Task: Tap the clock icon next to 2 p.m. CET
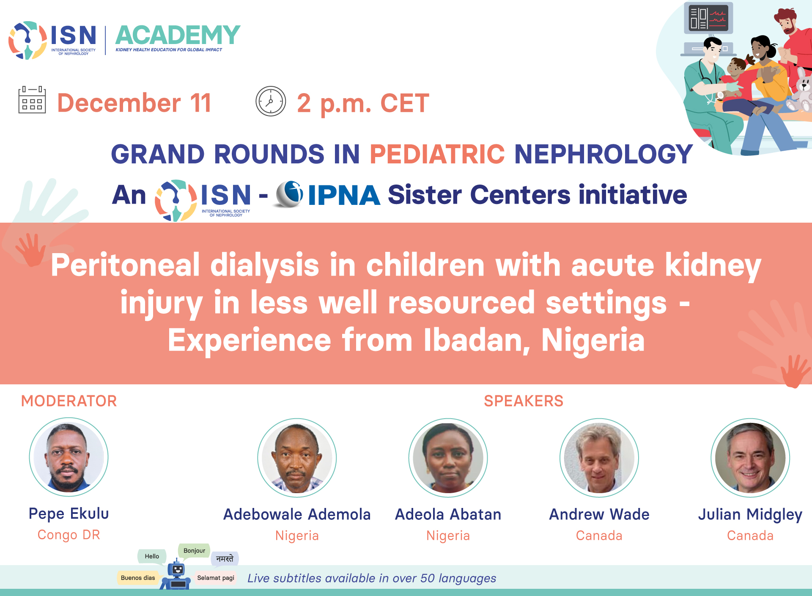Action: [271, 101]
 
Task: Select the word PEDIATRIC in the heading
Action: [437, 154]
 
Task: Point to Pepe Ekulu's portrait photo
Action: [69, 457]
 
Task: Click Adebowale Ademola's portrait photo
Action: [297, 458]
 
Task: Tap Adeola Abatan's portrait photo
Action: [448, 458]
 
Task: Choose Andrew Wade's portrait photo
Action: [599, 458]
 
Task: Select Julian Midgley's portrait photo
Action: [750, 458]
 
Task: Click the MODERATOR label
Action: [69, 401]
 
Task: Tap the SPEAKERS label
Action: [524, 401]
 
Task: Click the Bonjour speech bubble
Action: [194, 551]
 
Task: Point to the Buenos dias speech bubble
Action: [138, 578]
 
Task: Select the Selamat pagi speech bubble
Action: [216, 578]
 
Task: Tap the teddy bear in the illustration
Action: [801, 93]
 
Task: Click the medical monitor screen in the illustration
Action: [708, 18]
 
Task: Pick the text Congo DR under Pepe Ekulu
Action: [69, 535]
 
